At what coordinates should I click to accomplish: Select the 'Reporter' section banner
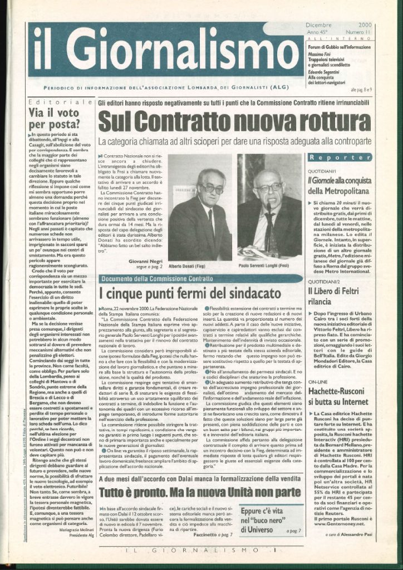point(339,158)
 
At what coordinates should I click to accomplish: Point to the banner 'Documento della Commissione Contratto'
point(158,278)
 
